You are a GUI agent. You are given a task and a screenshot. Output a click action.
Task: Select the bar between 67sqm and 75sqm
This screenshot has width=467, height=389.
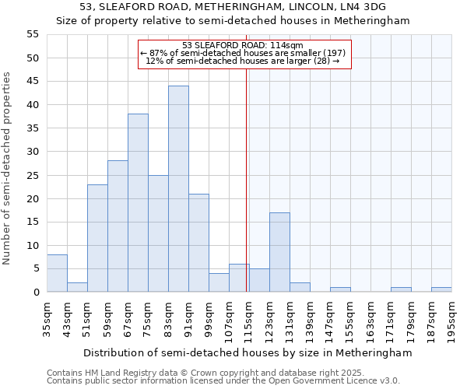tap(138, 203)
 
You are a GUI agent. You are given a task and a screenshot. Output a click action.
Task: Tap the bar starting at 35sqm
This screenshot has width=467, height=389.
tap(57, 273)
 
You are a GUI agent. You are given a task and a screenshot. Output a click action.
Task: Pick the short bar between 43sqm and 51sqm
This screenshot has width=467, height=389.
tap(77, 287)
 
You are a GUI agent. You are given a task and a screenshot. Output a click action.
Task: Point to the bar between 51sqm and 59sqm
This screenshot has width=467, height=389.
tap(97, 238)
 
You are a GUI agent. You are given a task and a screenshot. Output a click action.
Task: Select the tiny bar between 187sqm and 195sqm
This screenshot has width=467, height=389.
tap(441, 289)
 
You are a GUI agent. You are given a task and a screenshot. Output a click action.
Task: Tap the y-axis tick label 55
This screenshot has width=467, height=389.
tap(32, 34)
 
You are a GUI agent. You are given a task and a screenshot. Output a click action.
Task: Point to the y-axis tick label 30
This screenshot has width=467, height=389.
tap(32, 152)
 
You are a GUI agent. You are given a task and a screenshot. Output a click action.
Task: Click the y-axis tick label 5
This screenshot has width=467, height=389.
tap(35, 268)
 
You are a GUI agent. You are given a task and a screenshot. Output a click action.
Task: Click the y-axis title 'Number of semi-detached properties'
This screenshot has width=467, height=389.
tap(8, 168)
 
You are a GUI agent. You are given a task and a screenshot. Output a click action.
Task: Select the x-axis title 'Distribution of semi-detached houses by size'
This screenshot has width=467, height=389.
tap(248, 352)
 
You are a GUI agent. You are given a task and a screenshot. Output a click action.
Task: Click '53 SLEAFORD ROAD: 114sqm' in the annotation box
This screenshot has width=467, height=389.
tap(243, 45)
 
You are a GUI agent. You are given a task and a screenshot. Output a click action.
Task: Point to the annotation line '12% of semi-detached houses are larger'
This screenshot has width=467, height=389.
tap(243, 61)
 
